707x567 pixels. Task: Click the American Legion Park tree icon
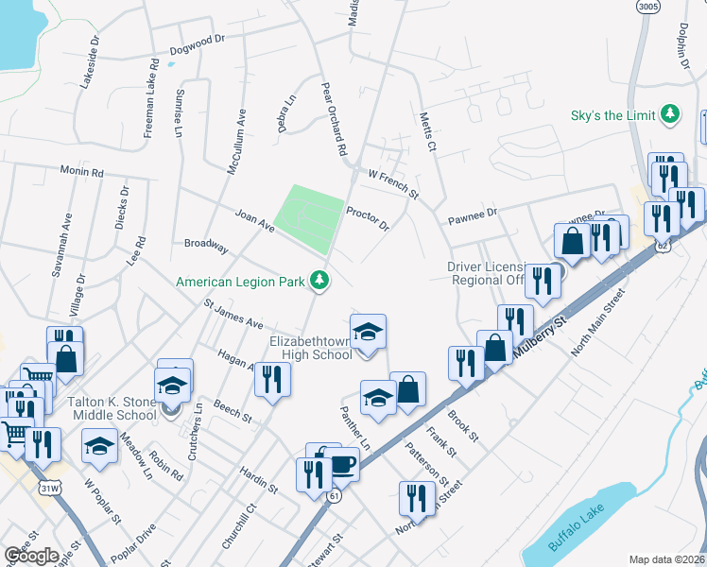320,279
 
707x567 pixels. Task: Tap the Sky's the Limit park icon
670,114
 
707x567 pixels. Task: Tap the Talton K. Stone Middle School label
112,408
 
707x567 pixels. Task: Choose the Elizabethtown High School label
311,347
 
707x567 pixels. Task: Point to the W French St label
393,183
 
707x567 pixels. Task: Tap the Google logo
31,556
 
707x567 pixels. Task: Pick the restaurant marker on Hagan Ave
272,379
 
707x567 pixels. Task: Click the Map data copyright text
667,559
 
